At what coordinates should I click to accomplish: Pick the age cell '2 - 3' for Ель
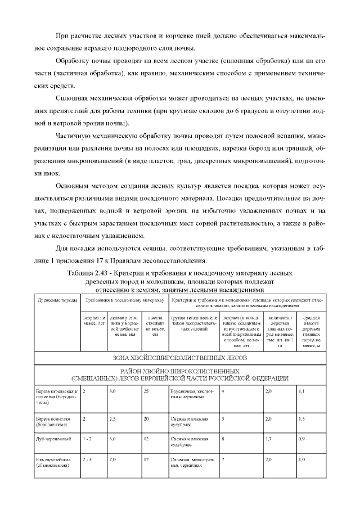click(88, 460)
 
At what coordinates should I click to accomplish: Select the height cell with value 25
click(146, 390)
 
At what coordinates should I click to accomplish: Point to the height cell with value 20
click(146, 419)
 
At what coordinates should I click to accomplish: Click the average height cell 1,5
click(302, 419)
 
